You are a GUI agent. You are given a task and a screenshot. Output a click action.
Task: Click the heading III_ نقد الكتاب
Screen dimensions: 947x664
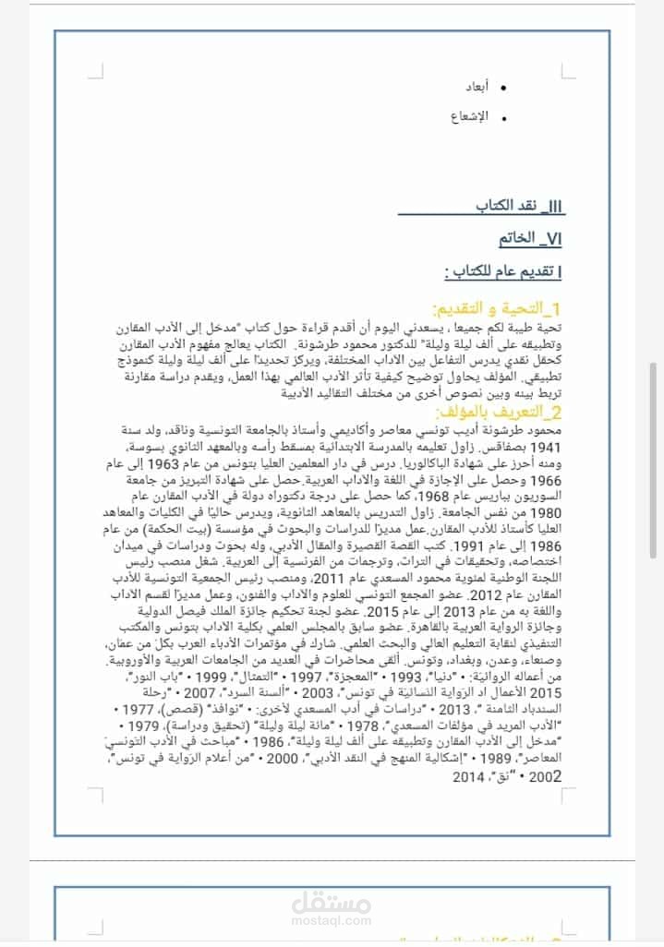pos(518,205)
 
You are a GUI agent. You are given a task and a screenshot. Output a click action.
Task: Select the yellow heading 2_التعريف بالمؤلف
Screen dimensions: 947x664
pos(504,411)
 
